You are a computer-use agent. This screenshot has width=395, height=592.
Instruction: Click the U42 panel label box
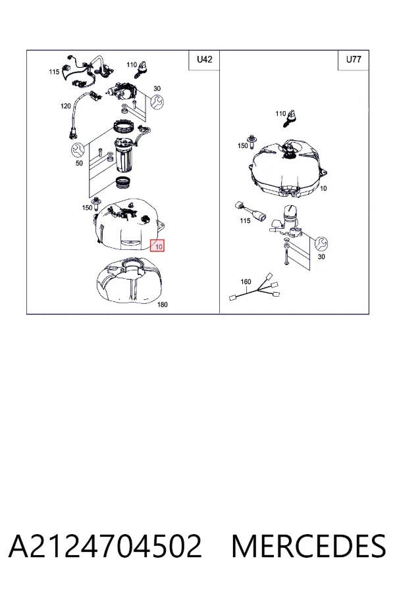point(204,60)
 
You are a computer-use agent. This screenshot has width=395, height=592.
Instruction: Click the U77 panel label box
point(354,60)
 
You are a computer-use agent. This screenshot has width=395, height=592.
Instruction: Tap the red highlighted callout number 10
point(157,247)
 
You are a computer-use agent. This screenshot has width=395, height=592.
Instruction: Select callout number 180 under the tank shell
point(162,305)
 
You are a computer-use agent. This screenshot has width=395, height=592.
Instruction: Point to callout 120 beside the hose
point(65,106)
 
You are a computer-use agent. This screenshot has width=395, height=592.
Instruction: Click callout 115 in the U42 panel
point(54,72)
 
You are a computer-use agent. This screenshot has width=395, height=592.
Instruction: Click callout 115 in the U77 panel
point(245,220)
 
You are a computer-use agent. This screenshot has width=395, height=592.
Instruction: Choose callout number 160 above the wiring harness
point(246,282)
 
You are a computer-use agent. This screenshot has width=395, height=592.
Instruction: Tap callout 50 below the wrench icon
point(79,163)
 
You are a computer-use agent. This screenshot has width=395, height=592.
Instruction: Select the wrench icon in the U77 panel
point(321,243)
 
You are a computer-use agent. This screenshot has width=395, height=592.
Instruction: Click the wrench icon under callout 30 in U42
point(157,102)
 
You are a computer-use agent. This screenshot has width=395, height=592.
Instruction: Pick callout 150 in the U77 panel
point(243,145)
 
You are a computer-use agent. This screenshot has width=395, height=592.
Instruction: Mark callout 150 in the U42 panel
point(88,208)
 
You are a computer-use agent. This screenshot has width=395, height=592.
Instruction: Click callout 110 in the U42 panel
point(132,64)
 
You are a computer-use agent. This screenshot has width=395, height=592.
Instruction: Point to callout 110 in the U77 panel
point(280,113)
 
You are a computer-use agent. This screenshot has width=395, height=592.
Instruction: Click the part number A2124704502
point(105,546)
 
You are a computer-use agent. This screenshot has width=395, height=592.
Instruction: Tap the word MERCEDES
point(309,546)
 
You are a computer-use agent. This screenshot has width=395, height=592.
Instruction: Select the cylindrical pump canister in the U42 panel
point(123,155)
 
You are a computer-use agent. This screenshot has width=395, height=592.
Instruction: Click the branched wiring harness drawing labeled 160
point(255,289)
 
